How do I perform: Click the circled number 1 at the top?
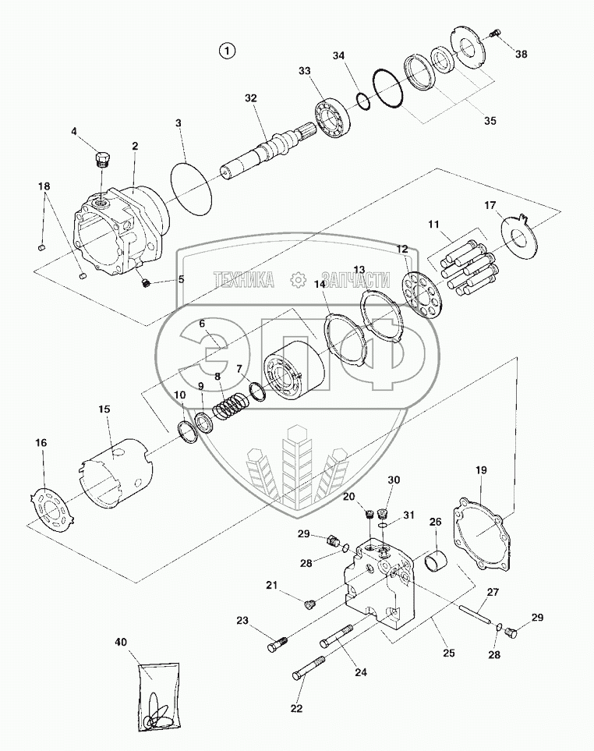(x=227, y=51)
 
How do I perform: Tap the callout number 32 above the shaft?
(x=250, y=98)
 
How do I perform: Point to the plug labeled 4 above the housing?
(x=101, y=161)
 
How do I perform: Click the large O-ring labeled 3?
(x=190, y=189)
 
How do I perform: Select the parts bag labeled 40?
(x=159, y=696)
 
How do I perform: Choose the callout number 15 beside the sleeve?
(x=104, y=409)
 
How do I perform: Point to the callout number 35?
(x=490, y=121)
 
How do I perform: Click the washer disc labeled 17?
(x=516, y=233)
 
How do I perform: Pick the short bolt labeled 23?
(x=279, y=643)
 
